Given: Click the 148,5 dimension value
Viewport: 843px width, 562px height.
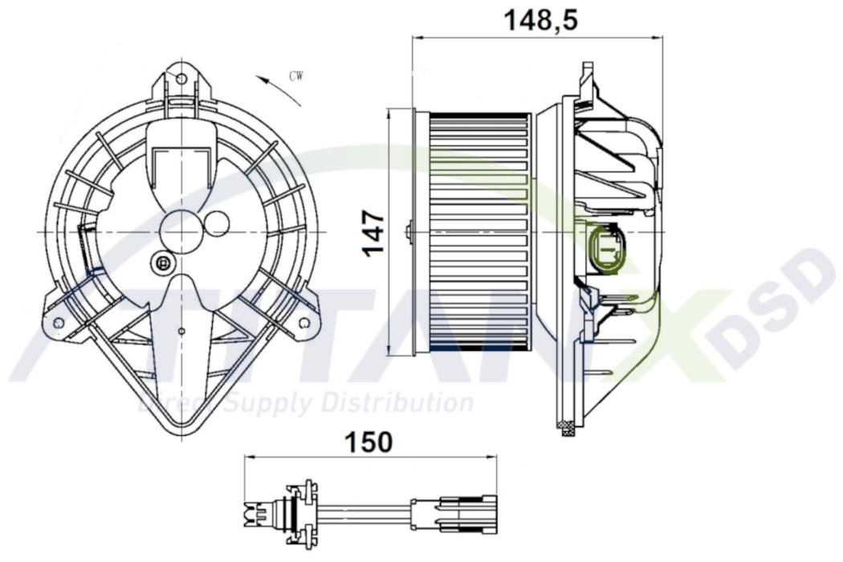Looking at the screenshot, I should (x=540, y=20).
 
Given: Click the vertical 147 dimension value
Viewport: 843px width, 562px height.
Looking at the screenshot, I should (x=373, y=233).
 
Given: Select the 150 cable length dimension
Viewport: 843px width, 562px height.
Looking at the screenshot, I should (x=369, y=442).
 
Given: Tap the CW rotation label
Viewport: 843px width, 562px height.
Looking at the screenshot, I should (x=295, y=77).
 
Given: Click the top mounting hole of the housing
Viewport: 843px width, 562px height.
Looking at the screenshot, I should (x=181, y=79).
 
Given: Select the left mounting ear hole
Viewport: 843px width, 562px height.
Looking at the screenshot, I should (x=58, y=322).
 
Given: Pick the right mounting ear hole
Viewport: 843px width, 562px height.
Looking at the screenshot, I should (x=304, y=323).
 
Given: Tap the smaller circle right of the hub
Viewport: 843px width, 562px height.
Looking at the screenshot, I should (x=217, y=223).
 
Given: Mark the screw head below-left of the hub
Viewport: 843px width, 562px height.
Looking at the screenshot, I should (x=164, y=263).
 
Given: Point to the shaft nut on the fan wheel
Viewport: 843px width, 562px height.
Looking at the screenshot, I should (x=409, y=232).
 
